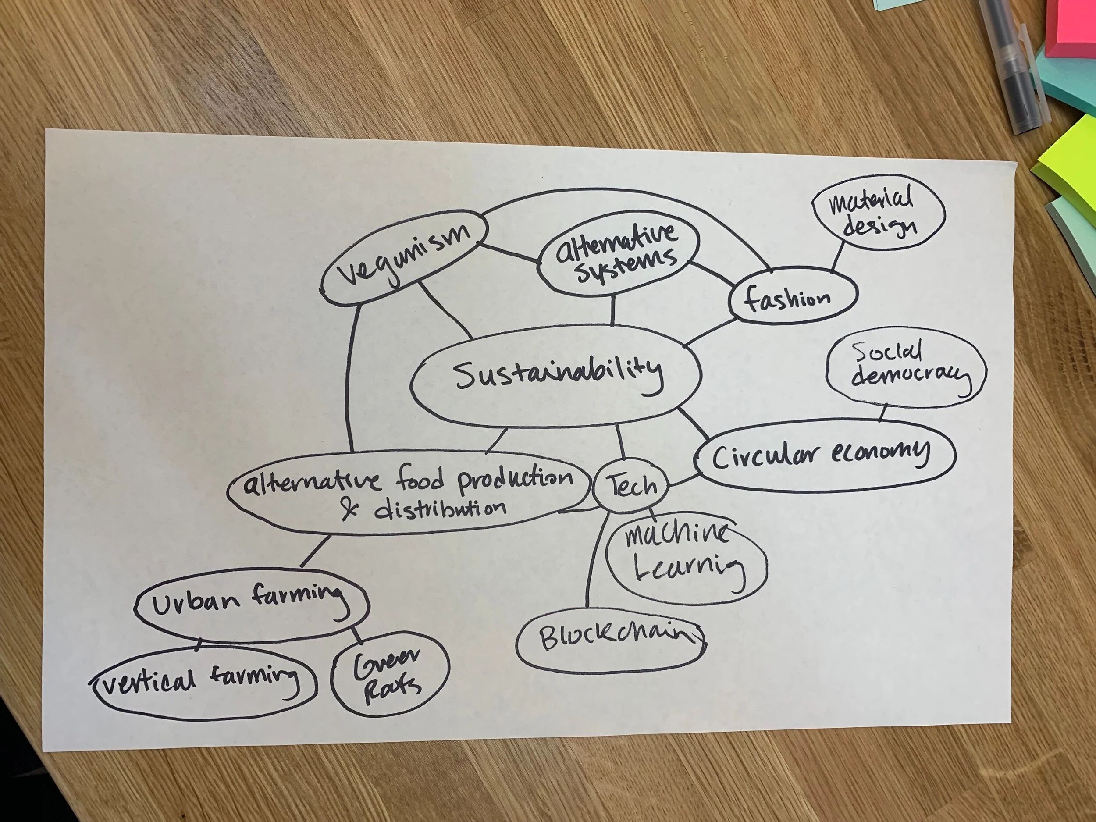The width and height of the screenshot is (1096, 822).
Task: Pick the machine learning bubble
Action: click(x=685, y=555)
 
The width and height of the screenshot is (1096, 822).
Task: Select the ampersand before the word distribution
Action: click(x=351, y=510)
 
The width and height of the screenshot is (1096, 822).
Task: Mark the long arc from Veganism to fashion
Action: click(x=624, y=194)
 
